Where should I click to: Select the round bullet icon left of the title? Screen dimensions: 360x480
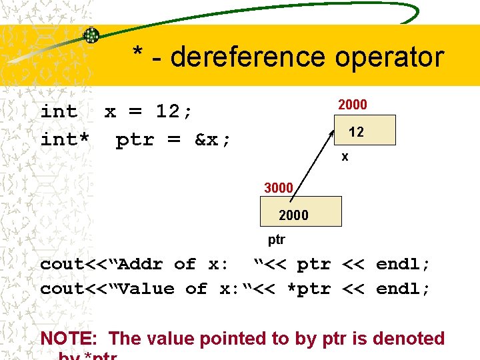tap(91, 35)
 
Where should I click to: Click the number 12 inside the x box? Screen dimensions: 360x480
tap(356, 132)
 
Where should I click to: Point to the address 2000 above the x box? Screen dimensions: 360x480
tap(352, 105)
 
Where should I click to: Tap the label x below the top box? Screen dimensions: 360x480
tap(344, 157)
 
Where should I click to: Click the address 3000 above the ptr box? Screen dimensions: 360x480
tap(279, 188)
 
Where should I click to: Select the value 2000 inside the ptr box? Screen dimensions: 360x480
tap(293, 215)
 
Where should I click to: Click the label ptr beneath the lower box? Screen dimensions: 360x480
tap(276, 239)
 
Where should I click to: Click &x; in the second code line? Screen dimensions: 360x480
tap(213, 140)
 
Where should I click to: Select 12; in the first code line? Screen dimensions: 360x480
tap(174, 111)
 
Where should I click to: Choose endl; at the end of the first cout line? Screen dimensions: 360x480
tap(403, 264)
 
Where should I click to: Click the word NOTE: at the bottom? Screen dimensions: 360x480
tap(70, 339)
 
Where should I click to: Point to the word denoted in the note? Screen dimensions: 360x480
tap(408, 339)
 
